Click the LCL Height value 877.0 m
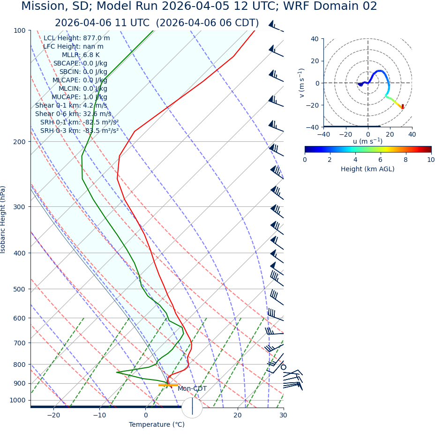click(x=97, y=38)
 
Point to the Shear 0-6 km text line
click(x=73, y=114)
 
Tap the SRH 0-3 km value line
click(x=79, y=131)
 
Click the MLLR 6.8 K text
click(x=81, y=55)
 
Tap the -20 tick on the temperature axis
click(x=53, y=416)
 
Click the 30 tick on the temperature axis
click(x=283, y=416)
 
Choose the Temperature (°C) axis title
click(x=157, y=425)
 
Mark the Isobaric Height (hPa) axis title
click(x=3, y=219)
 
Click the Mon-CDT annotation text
click(x=192, y=389)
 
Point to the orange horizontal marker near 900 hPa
click(x=168, y=385)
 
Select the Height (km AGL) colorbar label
click(x=367, y=169)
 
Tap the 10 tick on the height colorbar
click(x=430, y=160)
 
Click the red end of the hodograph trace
click(x=402, y=107)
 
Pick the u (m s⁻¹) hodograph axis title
click(x=367, y=141)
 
